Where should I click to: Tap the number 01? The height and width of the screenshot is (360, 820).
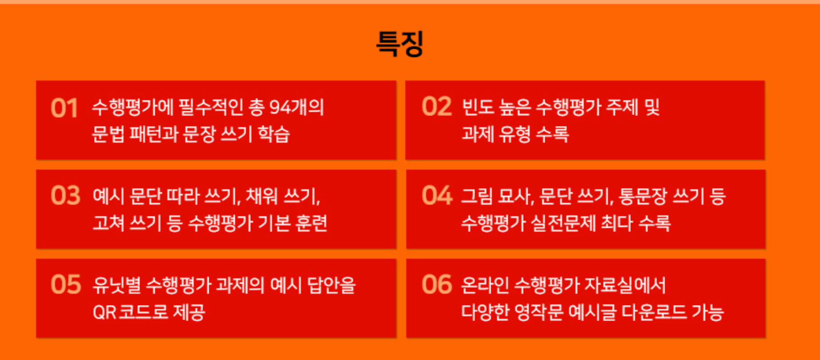65,108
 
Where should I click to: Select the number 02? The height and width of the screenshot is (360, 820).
437,107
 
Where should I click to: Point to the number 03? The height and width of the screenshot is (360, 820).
66,195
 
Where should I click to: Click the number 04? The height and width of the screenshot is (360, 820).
437,195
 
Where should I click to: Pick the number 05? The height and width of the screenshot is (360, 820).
66,285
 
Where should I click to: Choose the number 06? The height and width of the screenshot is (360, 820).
437,285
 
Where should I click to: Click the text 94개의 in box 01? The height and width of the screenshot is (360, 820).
296,107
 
